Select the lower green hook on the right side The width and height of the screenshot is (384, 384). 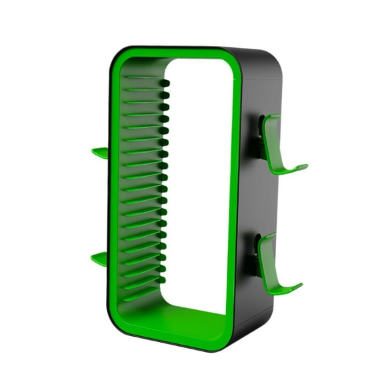pos(270,267)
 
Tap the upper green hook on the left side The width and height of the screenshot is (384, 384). pos(100,153)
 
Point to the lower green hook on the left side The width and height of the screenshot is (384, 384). pos(99,259)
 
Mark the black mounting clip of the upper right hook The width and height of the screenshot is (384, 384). pos(257,137)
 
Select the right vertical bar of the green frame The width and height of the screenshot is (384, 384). pos(231,200)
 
